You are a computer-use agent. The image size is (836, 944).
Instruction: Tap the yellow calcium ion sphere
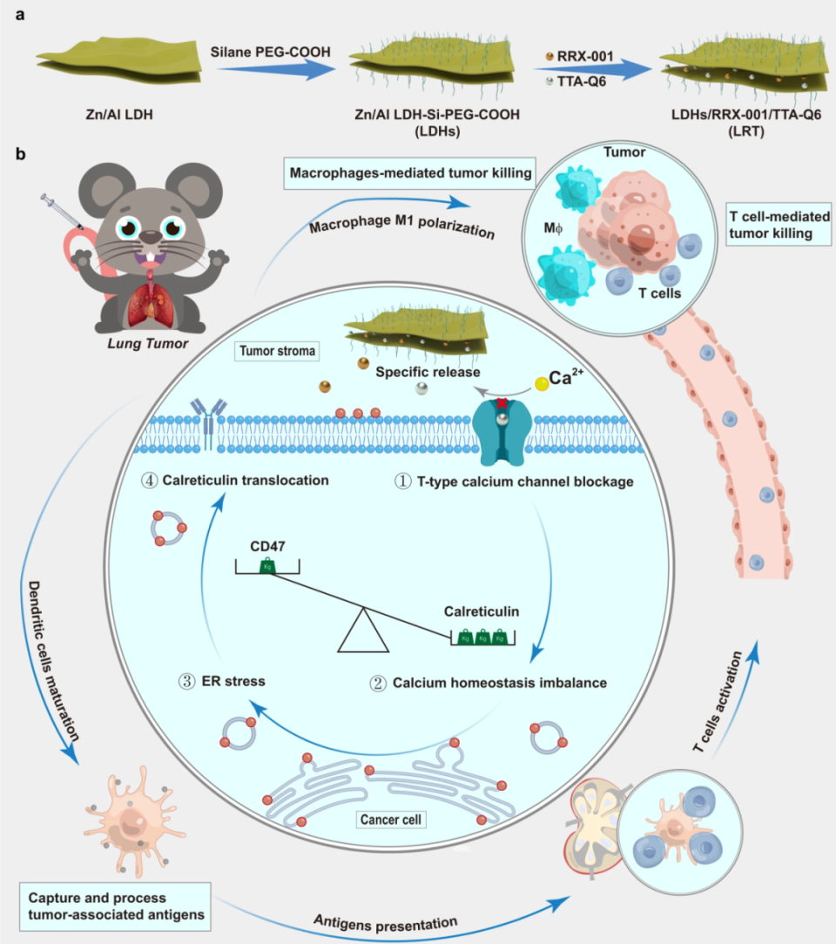[542, 381]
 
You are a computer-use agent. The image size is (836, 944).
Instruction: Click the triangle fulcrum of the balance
[363, 632]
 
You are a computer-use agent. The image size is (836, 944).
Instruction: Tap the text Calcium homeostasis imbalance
[501, 683]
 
